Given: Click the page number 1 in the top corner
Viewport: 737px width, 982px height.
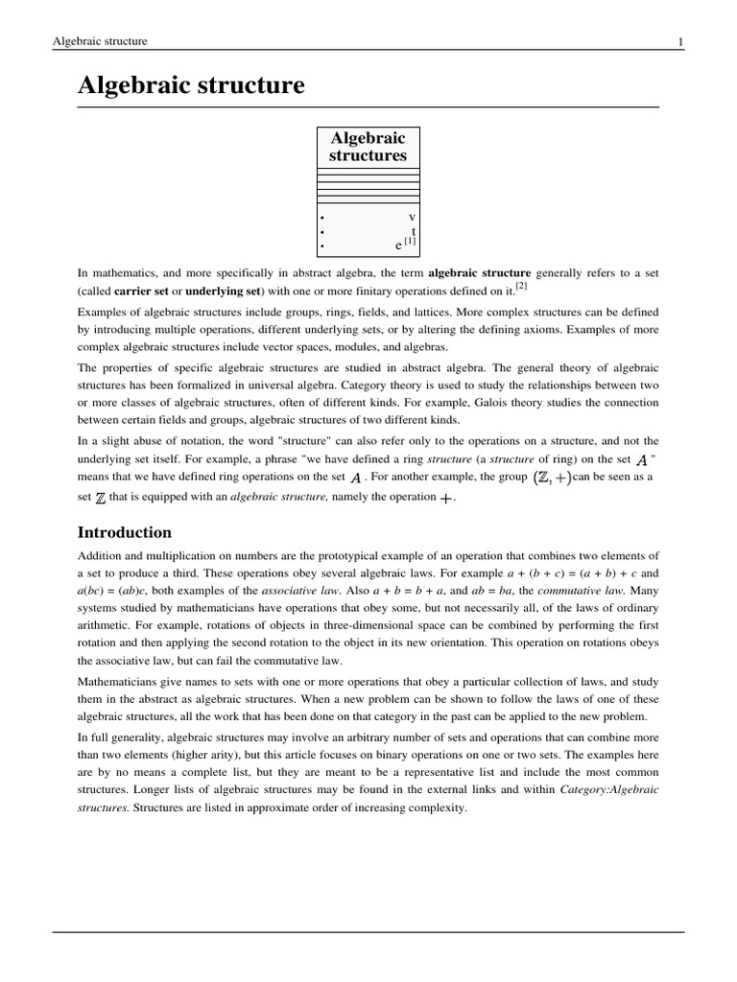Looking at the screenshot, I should pyautogui.click(x=679, y=41).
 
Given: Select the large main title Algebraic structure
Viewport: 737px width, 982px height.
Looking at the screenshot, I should pyautogui.click(x=191, y=86).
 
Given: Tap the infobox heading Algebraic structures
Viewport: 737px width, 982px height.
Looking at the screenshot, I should pyautogui.click(x=368, y=147).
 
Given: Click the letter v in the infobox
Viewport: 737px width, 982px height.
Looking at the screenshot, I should pyautogui.click(x=412, y=217).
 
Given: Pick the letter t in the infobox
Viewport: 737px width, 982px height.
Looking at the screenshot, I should pyautogui.click(x=413, y=231).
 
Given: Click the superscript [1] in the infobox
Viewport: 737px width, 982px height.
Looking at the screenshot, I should pyautogui.click(x=410, y=243).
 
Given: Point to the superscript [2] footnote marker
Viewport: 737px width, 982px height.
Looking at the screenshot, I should pyautogui.click(x=521, y=286).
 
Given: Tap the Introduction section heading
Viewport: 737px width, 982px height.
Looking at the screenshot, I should pyautogui.click(x=125, y=532).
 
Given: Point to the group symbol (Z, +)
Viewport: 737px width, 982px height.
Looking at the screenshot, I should pyautogui.click(x=551, y=477).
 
